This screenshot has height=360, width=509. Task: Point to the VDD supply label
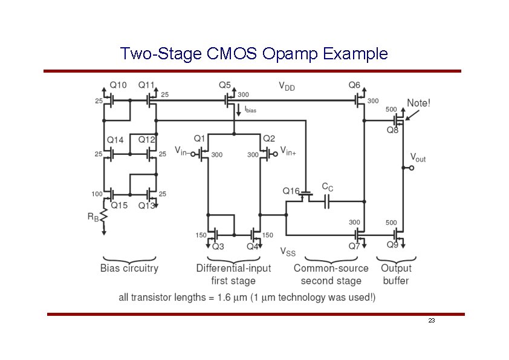point(287,87)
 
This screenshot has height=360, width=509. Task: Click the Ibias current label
point(250,110)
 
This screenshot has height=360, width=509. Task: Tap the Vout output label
point(418,158)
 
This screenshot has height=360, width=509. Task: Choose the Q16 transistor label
point(291,191)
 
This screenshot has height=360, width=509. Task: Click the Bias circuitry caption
point(129,268)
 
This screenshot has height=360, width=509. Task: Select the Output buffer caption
point(396,274)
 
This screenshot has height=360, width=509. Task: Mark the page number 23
point(431,320)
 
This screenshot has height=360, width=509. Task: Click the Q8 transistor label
point(393,130)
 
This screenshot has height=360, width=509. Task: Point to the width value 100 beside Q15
point(96,194)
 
